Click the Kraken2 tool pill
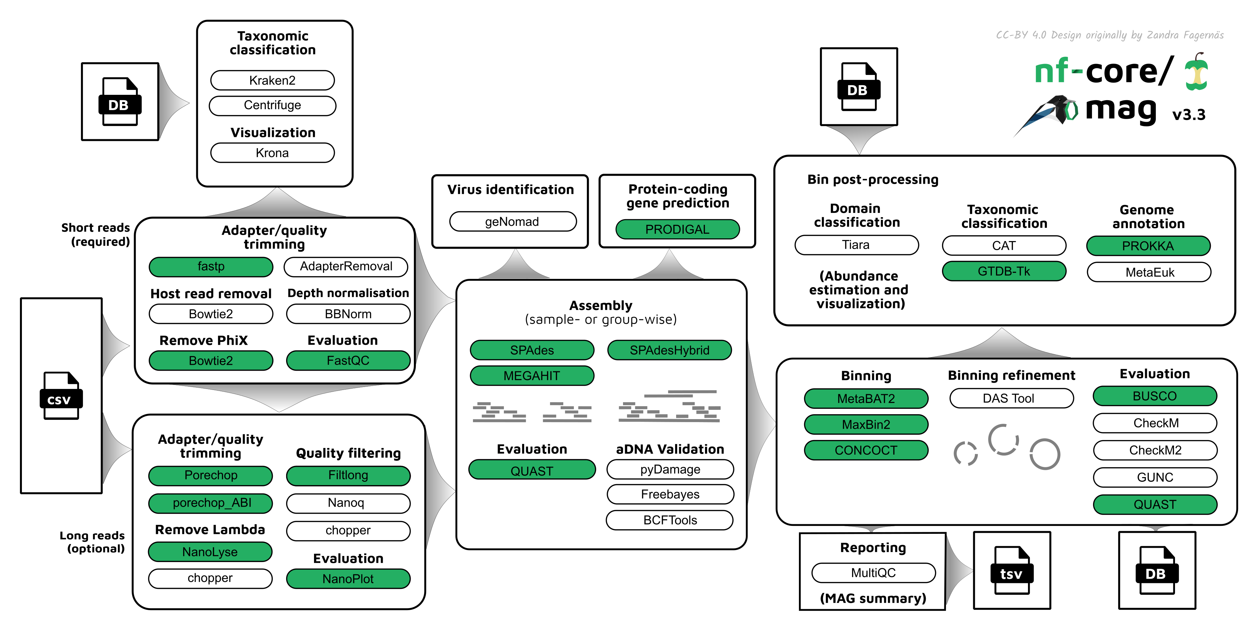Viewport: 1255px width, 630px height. (272, 80)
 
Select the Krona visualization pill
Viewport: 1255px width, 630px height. (272, 153)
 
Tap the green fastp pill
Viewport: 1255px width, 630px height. (211, 266)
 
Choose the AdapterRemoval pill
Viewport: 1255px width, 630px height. (346, 266)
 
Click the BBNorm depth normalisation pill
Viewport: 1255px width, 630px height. (348, 314)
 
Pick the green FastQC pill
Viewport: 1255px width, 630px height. (348, 361)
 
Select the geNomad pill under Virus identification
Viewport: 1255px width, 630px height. (512, 221)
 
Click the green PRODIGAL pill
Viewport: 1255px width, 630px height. (677, 229)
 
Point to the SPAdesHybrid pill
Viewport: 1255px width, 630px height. (669, 350)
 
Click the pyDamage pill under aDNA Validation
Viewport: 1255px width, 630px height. (670, 469)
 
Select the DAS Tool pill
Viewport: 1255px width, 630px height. (1011, 398)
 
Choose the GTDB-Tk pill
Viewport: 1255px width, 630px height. (1004, 271)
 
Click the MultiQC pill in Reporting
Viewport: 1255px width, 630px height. (873, 573)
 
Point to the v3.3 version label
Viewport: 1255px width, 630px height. (1189, 115)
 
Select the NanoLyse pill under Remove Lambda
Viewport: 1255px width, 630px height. (210, 552)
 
